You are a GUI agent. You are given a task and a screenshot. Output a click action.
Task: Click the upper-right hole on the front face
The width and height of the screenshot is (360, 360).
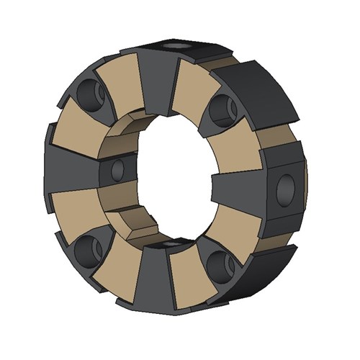pyautogui.click(x=222, y=109)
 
